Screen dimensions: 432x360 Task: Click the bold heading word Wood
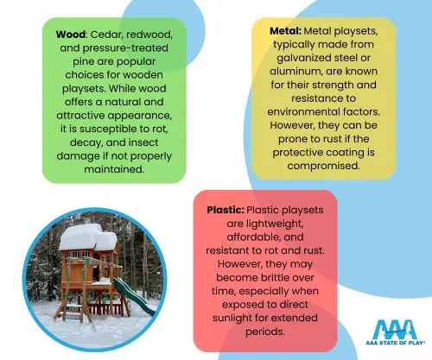tap(71, 35)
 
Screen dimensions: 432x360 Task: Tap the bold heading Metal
tap(285, 31)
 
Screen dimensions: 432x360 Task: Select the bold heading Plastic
tap(226, 210)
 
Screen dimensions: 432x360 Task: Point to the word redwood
tap(149, 35)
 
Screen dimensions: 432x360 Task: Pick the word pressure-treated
tap(125, 48)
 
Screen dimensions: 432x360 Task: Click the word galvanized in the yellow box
tap(305, 58)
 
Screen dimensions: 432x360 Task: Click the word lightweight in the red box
tap(265, 224)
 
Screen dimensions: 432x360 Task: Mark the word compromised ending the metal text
tap(323, 166)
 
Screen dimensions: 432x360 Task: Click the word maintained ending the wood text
tap(114, 169)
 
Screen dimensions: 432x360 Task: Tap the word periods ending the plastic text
tap(265, 332)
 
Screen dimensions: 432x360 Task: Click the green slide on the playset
tap(134, 297)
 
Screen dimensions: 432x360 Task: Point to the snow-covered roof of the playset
tap(88, 237)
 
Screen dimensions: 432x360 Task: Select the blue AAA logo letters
tap(395, 329)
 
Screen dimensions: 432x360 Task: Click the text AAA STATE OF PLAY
tap(395, 343)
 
